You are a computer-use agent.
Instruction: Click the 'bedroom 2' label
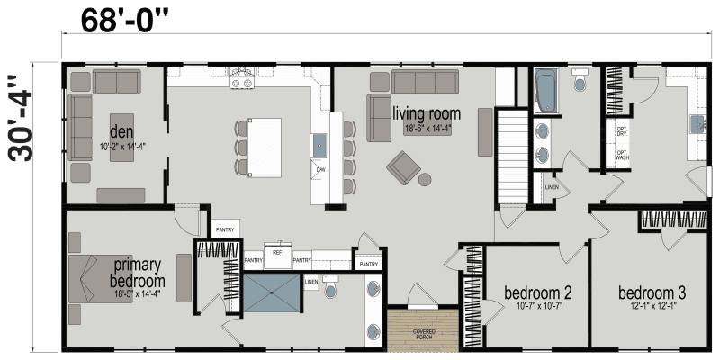pyautogui.click(x=537, y=293)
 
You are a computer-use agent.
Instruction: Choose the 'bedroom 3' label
pyautogui.click(x=652, y=293)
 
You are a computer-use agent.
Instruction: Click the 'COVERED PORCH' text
pyautogui.click(x=423, y=334)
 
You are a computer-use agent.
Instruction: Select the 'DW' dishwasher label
pyautogui.click(x=320, y=169)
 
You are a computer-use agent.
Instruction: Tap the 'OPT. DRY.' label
pyautogui.click(x=622, y=131)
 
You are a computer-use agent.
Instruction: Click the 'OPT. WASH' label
pyautogui.click(x=622, y=155)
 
